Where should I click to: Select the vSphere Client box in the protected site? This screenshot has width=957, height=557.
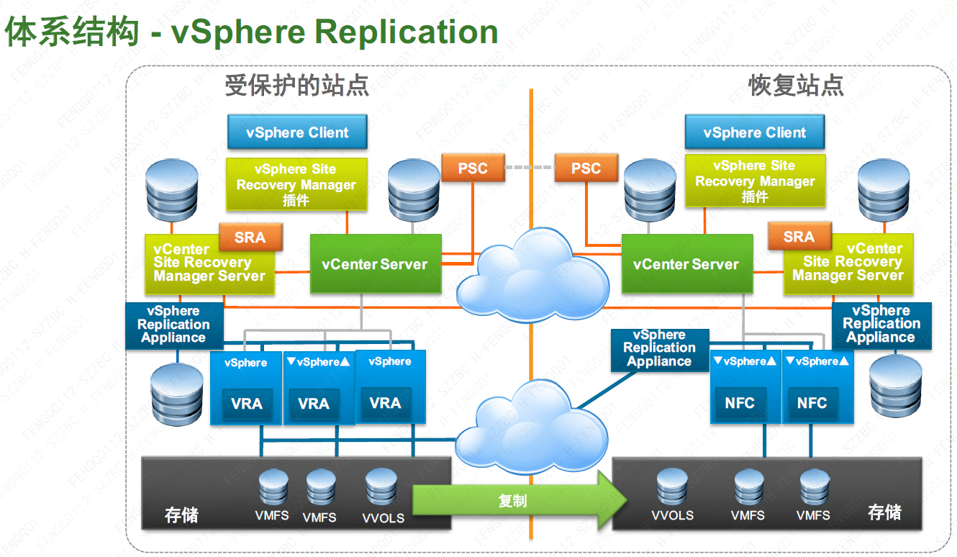pos(297,132)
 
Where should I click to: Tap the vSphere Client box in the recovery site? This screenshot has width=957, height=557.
pos(755,132)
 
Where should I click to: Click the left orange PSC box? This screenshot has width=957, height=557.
pos(473,168)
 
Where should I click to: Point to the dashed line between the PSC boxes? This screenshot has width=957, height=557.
pos(530,168)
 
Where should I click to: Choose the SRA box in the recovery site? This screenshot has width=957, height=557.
pos(799,237)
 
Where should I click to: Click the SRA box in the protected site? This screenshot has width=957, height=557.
pos(250,237)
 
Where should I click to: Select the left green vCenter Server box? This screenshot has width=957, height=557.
pos(374,264)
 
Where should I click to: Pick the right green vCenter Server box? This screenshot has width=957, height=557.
pos(686,264)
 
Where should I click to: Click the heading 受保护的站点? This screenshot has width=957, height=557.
pos(297,86)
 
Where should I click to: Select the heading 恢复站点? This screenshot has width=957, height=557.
pos(796,86)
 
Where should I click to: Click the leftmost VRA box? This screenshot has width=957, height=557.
pos(246,403)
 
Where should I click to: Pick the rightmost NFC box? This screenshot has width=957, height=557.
pos(812,403)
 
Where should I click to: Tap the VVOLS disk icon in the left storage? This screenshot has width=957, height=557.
pos(381,489)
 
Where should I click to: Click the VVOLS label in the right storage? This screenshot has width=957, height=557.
pos(672,515)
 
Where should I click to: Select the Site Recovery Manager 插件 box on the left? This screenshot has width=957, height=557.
pos(296,185)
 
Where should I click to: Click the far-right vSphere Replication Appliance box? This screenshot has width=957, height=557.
pos(881,325)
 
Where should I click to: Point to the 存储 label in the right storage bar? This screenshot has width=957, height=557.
pos(884,512)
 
